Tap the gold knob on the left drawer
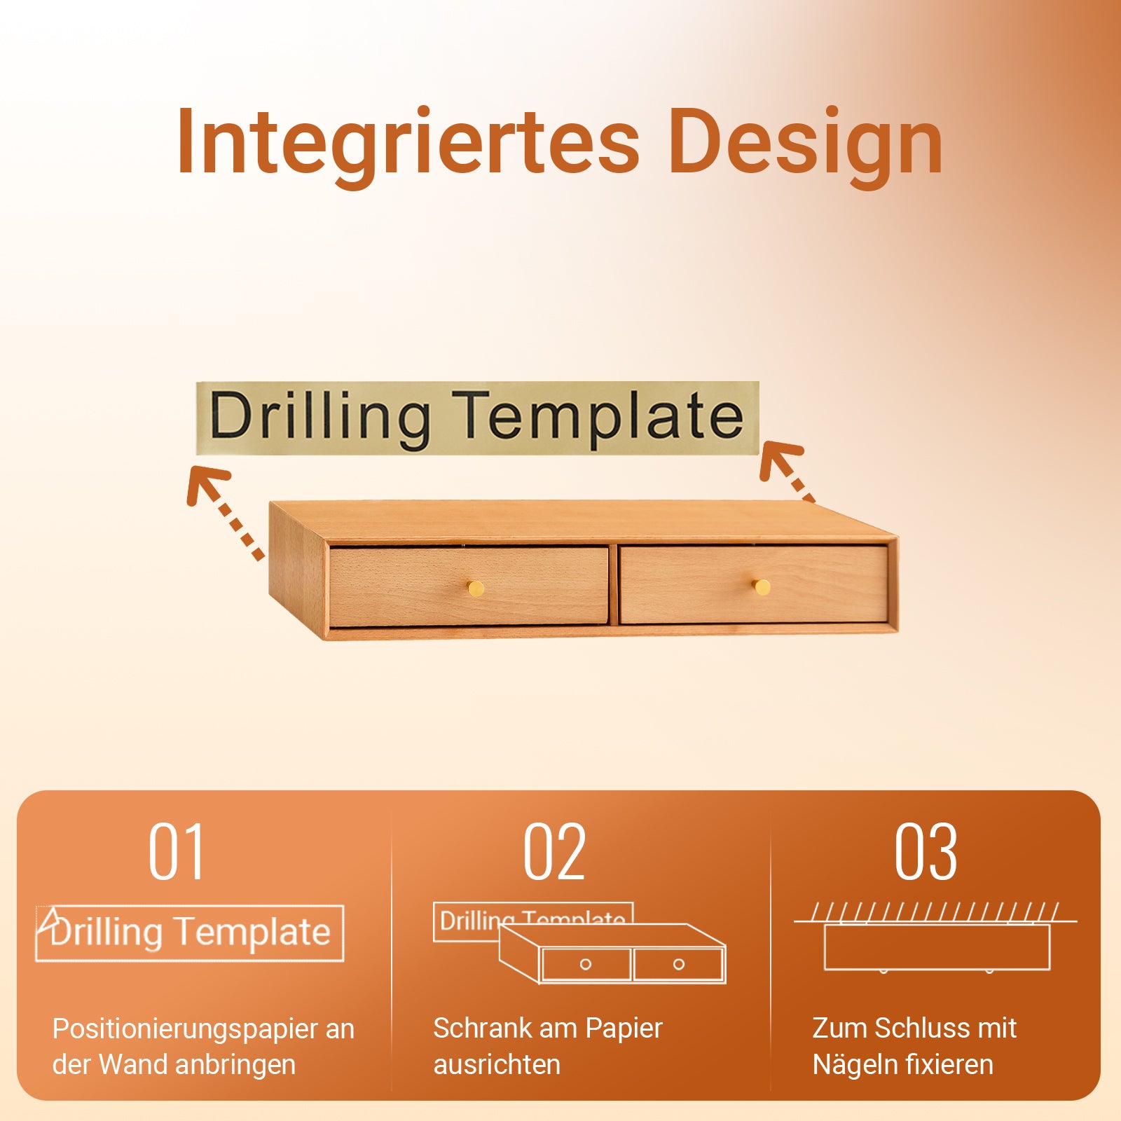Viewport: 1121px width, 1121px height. (x=476, y=587)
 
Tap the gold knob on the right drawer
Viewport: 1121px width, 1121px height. (x=762, y=586)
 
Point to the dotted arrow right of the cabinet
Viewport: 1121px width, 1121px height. (x=787, y=471)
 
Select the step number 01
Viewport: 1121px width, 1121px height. (x=177, y=852)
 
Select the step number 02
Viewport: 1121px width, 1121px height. (x=554, y=852)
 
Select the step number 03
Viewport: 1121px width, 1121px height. (x=926, y=852)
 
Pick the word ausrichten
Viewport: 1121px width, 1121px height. (x=497, y=1065)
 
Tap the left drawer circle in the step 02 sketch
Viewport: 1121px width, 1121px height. (x=586, y=964)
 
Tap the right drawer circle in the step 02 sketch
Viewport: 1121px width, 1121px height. (x=678, y=964)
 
